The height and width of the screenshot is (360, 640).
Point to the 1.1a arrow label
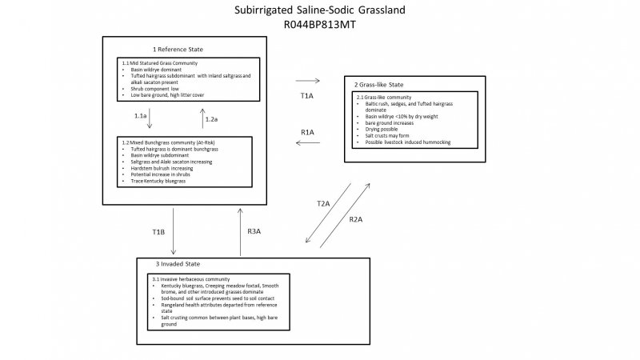pyautogui.click(x=140, y=117)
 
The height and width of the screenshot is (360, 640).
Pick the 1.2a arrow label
pyautogui.click(x=212, y=119)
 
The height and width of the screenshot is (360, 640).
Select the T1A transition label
pyautogui.click(x=307, y=95)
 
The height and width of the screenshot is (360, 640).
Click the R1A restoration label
pyautogui.click(x=307, y=131)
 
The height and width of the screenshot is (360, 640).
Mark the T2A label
pyautogui.click(x=323, y=204)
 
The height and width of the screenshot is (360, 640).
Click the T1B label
pyautogui.click(x=158, y=232)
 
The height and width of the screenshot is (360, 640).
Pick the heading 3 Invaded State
pyautogui.click(x=178, y=263)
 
